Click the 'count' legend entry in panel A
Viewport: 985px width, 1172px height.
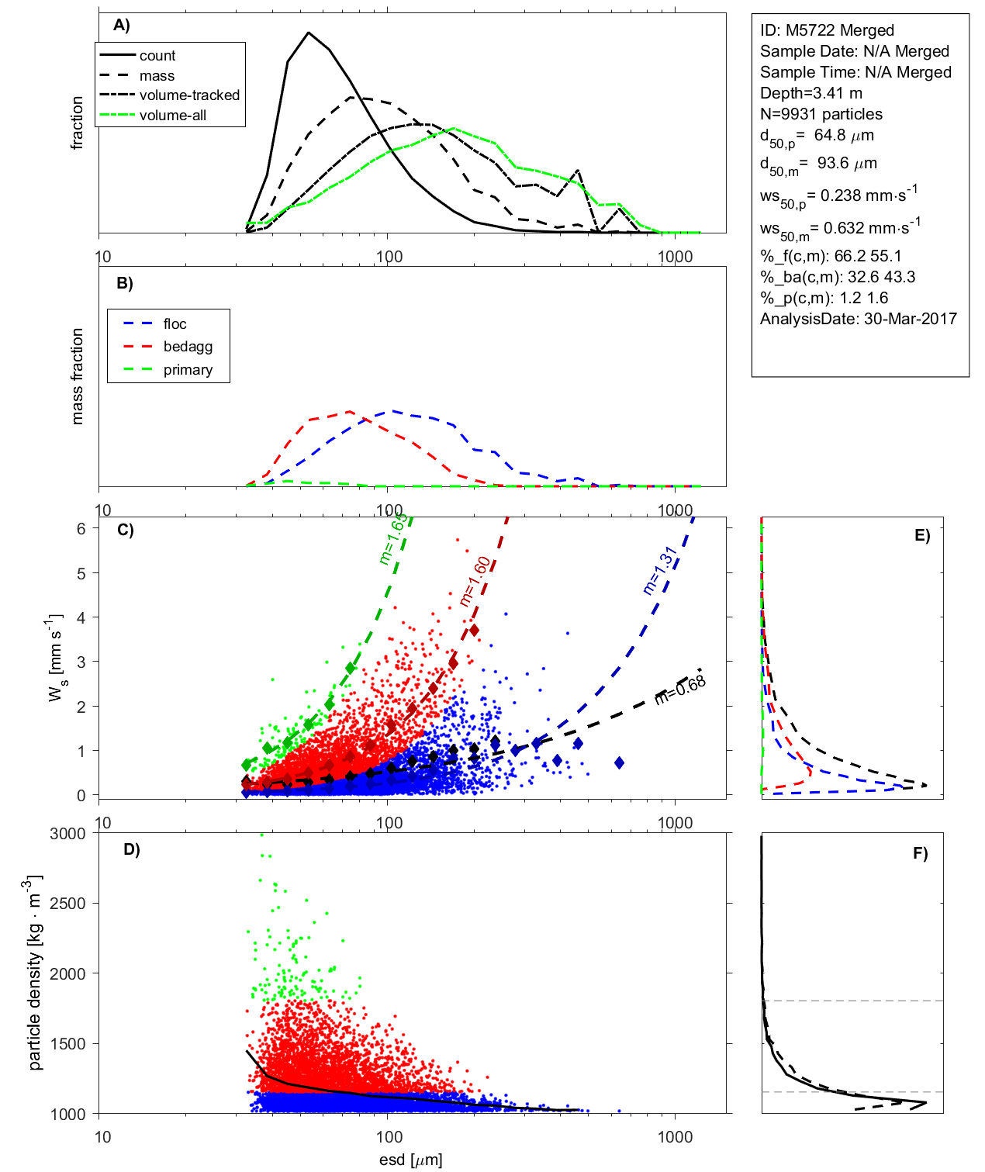pyautogui.click(x=157, y=56)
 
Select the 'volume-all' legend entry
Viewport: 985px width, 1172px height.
pyautogui.click(x=172, y=116)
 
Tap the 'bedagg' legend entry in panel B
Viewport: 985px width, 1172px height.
pyautogui.click(x=188, y=347)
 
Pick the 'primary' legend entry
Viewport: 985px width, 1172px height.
pyautogui.click(x=188, y=370)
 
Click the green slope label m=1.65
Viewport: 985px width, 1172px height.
pyautogui.click(x=392, y=538)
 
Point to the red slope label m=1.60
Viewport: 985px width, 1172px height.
pyautogui.click(x=475, y=581)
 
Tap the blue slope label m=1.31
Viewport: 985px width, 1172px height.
pyautogui.click(x=660, y=571)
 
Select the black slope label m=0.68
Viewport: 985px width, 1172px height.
pyautogui.click(x=680, y=690)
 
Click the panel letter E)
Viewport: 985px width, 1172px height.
pyautogui.click(x=921, y=535)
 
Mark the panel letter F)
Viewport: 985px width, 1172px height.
pyautogui.click(x=920, y=853)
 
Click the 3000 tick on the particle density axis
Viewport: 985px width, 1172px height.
pyautogui.click(x=67, y=834)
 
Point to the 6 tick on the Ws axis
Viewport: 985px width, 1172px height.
pyautogui.click(x=81, y=528)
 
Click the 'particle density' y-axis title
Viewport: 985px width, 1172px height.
pyautogui.click(x=35, y=973)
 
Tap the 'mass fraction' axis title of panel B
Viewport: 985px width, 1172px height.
pyautogui.click(x=77, y=376)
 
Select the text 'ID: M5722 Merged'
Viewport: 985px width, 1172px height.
pyautogui.click(x=827, y=30)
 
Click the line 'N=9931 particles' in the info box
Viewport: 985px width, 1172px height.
pyautogui.click(x=821, y=114)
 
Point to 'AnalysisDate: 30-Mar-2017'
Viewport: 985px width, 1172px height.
pyautogui.click(x=858, y=319)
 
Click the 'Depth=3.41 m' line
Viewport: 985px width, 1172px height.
pyautogui.click(x=810, y=93)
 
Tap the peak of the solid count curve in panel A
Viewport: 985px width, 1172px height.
pyautogui.click(x=309, y=33)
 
